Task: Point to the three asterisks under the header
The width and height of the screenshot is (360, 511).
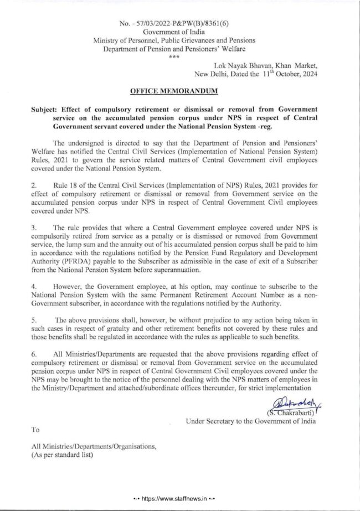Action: pyautogui.click(x=178, y=56)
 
